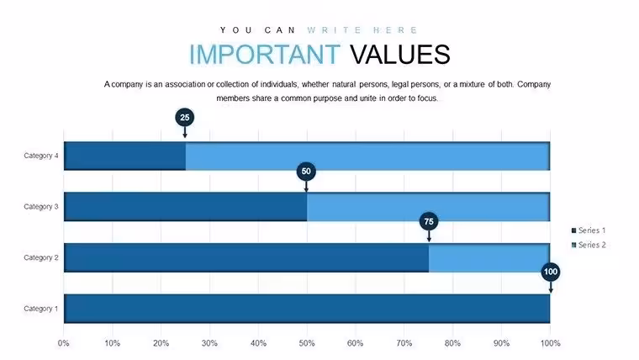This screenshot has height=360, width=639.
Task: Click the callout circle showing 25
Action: [185, 118]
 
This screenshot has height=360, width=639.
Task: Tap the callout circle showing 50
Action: [306, 172]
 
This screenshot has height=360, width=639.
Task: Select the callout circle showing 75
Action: [429, 221]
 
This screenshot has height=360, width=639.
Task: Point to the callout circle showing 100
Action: [551, 272]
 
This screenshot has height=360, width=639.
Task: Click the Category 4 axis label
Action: [41, 156]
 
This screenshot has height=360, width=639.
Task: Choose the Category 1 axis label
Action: [41, 309]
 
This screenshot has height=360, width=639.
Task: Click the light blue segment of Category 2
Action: [489, 257]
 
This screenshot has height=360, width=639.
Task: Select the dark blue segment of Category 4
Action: [124, 156]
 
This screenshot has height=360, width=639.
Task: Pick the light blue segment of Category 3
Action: [428, 207]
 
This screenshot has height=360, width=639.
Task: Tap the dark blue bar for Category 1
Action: [307, 309]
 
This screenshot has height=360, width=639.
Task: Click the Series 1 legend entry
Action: [589, 230]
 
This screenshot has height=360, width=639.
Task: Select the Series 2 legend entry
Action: [589, 245]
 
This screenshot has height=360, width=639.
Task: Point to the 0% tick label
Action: [63, 343]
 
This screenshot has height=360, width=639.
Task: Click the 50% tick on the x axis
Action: [306, 343]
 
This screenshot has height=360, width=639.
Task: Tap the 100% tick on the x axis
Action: [550, 343]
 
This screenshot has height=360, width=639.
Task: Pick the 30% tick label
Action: [209, 343]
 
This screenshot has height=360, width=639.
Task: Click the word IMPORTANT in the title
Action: [265, 54]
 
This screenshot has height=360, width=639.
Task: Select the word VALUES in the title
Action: [400, 54]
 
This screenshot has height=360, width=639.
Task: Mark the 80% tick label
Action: [452, 343]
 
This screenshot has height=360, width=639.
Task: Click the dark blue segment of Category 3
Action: [186, 207]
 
